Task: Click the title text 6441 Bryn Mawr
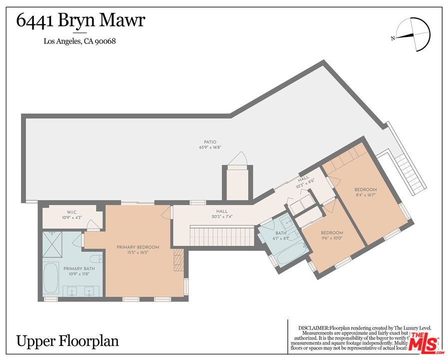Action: click(x=81, y=21)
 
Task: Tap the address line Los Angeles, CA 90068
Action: click(x=80, y=41)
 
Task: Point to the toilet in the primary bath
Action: click(x=97, y=259)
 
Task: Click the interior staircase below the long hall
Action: click(x=220, y=234)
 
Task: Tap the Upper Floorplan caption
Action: click(x=68, y=341)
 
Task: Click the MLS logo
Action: click(x=424, y=344)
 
